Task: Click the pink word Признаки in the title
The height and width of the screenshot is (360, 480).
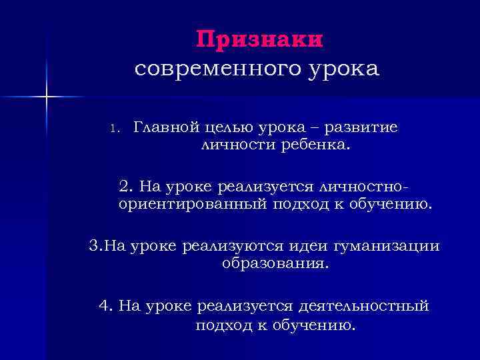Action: pos(260,39)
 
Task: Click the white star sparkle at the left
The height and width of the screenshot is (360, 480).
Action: pos(47,98)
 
